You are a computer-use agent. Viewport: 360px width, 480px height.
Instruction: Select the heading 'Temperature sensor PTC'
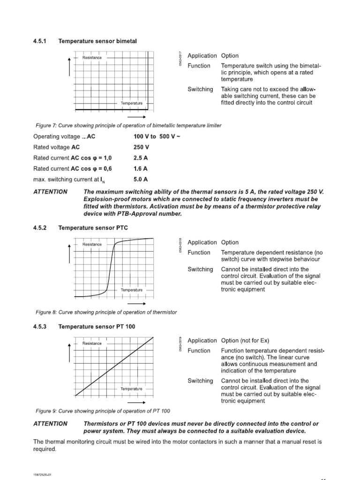coord(93,228)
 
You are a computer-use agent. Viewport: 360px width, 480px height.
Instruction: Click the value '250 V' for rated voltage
coord(141,147)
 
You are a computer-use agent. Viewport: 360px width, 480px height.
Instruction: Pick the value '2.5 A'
coord(141,157)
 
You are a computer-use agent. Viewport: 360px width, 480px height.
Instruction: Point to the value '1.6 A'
coord(141,168)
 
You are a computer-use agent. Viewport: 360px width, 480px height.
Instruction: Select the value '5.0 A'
coord(141,179)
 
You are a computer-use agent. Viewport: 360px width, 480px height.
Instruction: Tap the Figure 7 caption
coord(128,126)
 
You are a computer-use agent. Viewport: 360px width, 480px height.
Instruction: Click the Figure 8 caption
coord(106,312)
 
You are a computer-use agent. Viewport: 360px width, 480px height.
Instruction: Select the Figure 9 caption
coord(103,411)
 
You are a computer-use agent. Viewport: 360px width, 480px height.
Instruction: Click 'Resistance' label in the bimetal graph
coord(92,58)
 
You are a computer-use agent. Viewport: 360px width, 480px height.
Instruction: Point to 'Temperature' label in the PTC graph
coord(132,290)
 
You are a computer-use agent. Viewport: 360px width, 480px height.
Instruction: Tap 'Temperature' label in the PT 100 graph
coord(132,389)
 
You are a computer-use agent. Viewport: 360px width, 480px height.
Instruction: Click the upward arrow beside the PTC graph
coord(70,254)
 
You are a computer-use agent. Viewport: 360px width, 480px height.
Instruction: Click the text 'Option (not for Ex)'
coord(245,340)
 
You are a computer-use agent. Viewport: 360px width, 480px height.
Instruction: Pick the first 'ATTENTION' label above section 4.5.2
coord(50,192)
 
